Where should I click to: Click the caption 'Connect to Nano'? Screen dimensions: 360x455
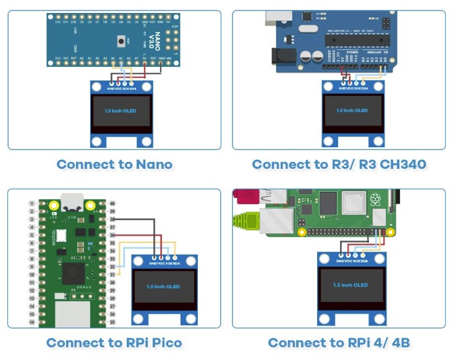(114, 165)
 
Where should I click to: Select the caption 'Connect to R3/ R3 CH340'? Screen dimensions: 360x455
(339, 165)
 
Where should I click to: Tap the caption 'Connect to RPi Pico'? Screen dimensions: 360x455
(114, 343)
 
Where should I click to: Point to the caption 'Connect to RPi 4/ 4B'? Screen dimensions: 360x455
(339, 343)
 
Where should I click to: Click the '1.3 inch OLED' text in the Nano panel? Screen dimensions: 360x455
(121, 111)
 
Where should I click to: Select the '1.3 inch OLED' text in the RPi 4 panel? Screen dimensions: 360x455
(351, 285)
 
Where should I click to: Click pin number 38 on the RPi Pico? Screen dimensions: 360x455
(113, 220)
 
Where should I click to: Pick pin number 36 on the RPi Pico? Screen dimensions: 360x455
(113, 236)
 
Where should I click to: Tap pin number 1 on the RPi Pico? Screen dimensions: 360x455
(31, 204)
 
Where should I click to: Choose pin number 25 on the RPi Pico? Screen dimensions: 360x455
(113, 322)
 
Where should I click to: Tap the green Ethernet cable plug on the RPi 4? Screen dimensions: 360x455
(245, 221)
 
